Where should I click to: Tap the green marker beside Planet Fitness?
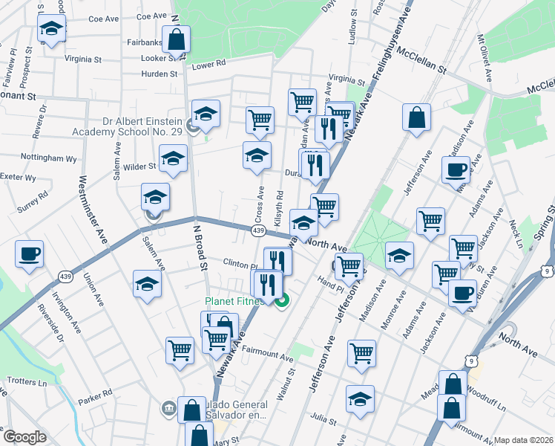(281, 301)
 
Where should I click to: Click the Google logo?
(25, 437)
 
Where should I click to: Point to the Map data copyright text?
(523, 440)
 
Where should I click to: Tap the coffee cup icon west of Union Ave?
(29, 254)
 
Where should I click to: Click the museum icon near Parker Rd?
(168, 407)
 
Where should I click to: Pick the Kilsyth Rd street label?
(279, 209)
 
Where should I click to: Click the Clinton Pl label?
(240, 263)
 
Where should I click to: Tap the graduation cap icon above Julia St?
(360, 398)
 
